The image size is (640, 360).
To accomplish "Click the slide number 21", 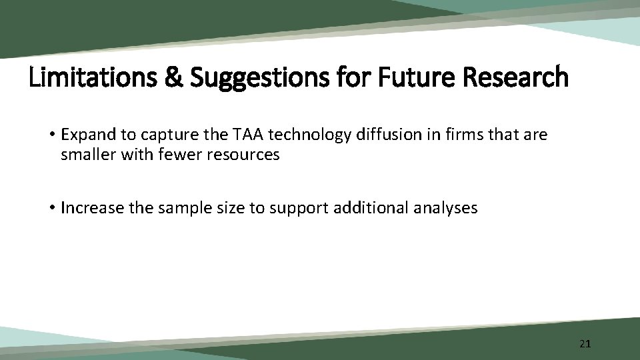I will pyautogui.click(x=585, y=344).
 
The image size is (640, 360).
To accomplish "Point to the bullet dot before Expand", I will pyautogui.click(x=52, y=135).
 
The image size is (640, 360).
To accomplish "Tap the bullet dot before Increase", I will pyautogui.click(x=52, y=208).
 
